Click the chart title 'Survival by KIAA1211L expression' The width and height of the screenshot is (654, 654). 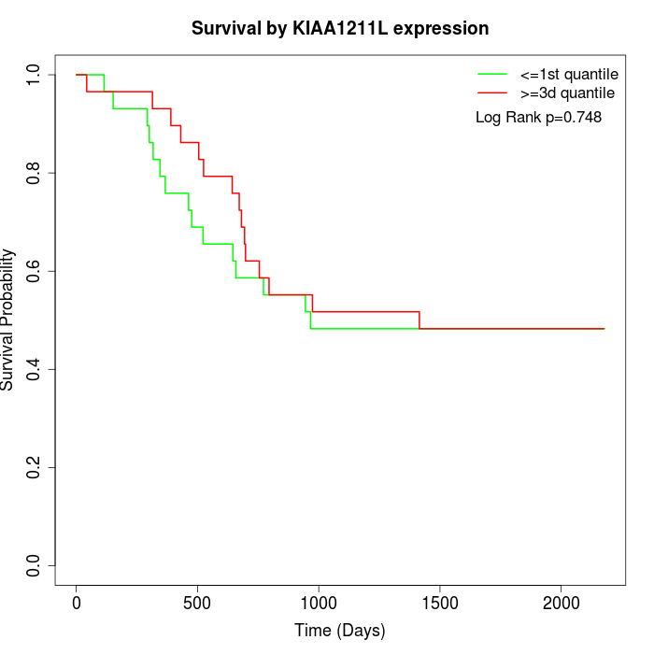pos(340,29)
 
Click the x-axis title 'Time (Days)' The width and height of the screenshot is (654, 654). pos(340,631)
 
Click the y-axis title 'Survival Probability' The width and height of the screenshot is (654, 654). pos(8,320)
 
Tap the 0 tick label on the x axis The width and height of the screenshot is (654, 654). pos(77,604)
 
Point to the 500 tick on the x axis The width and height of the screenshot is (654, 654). pos(198,604)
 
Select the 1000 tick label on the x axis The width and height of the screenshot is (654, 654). pos(319,604)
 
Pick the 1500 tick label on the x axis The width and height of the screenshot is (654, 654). pos(440,604)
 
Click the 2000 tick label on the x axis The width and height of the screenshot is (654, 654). pos(562,604)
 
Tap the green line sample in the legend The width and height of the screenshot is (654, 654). pos(492,73)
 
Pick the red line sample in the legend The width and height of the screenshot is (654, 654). pos(492,93)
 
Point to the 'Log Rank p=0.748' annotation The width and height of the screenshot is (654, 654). pos(538,118)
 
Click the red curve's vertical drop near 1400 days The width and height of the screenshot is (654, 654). pos(419,320)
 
